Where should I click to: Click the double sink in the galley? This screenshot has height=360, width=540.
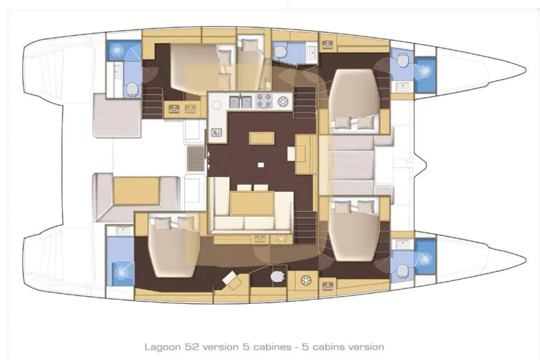(241, 102)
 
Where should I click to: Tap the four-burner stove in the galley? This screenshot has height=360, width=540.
(263, 102)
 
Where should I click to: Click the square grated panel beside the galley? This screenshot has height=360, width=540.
(195, 159)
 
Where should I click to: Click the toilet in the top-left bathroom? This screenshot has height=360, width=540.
(131, 88)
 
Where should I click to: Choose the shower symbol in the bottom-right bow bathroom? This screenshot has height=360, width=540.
(425, 259)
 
